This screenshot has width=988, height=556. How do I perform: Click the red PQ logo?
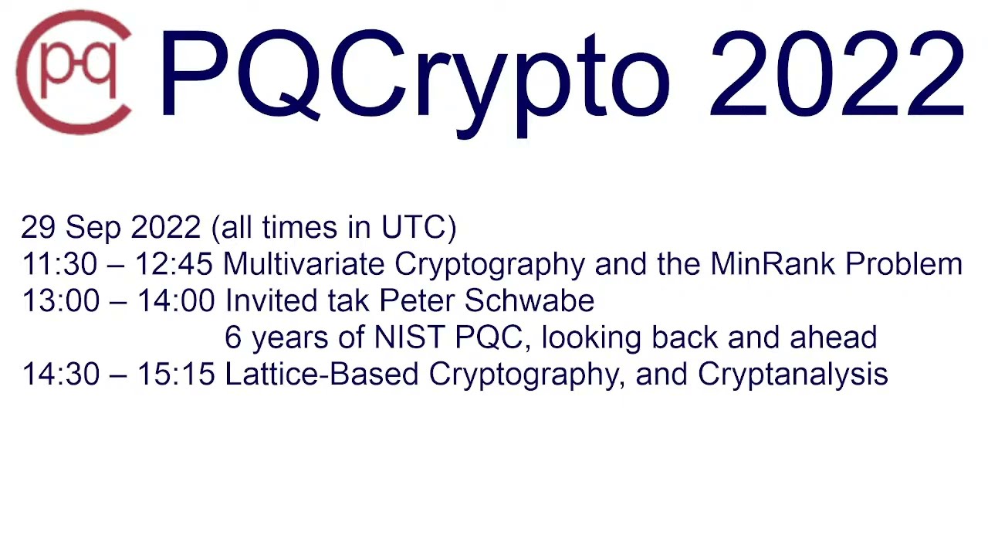pos(74,73)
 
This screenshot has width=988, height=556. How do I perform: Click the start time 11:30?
pos(59,264)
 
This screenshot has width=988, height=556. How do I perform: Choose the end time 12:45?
pos(174,264)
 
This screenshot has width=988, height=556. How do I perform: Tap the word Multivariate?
pos(304,264)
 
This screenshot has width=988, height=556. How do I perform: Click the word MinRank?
pos(773,264)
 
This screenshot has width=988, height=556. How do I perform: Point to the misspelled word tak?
pos(350,300)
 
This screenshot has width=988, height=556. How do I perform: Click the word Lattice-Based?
pos(322,375)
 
